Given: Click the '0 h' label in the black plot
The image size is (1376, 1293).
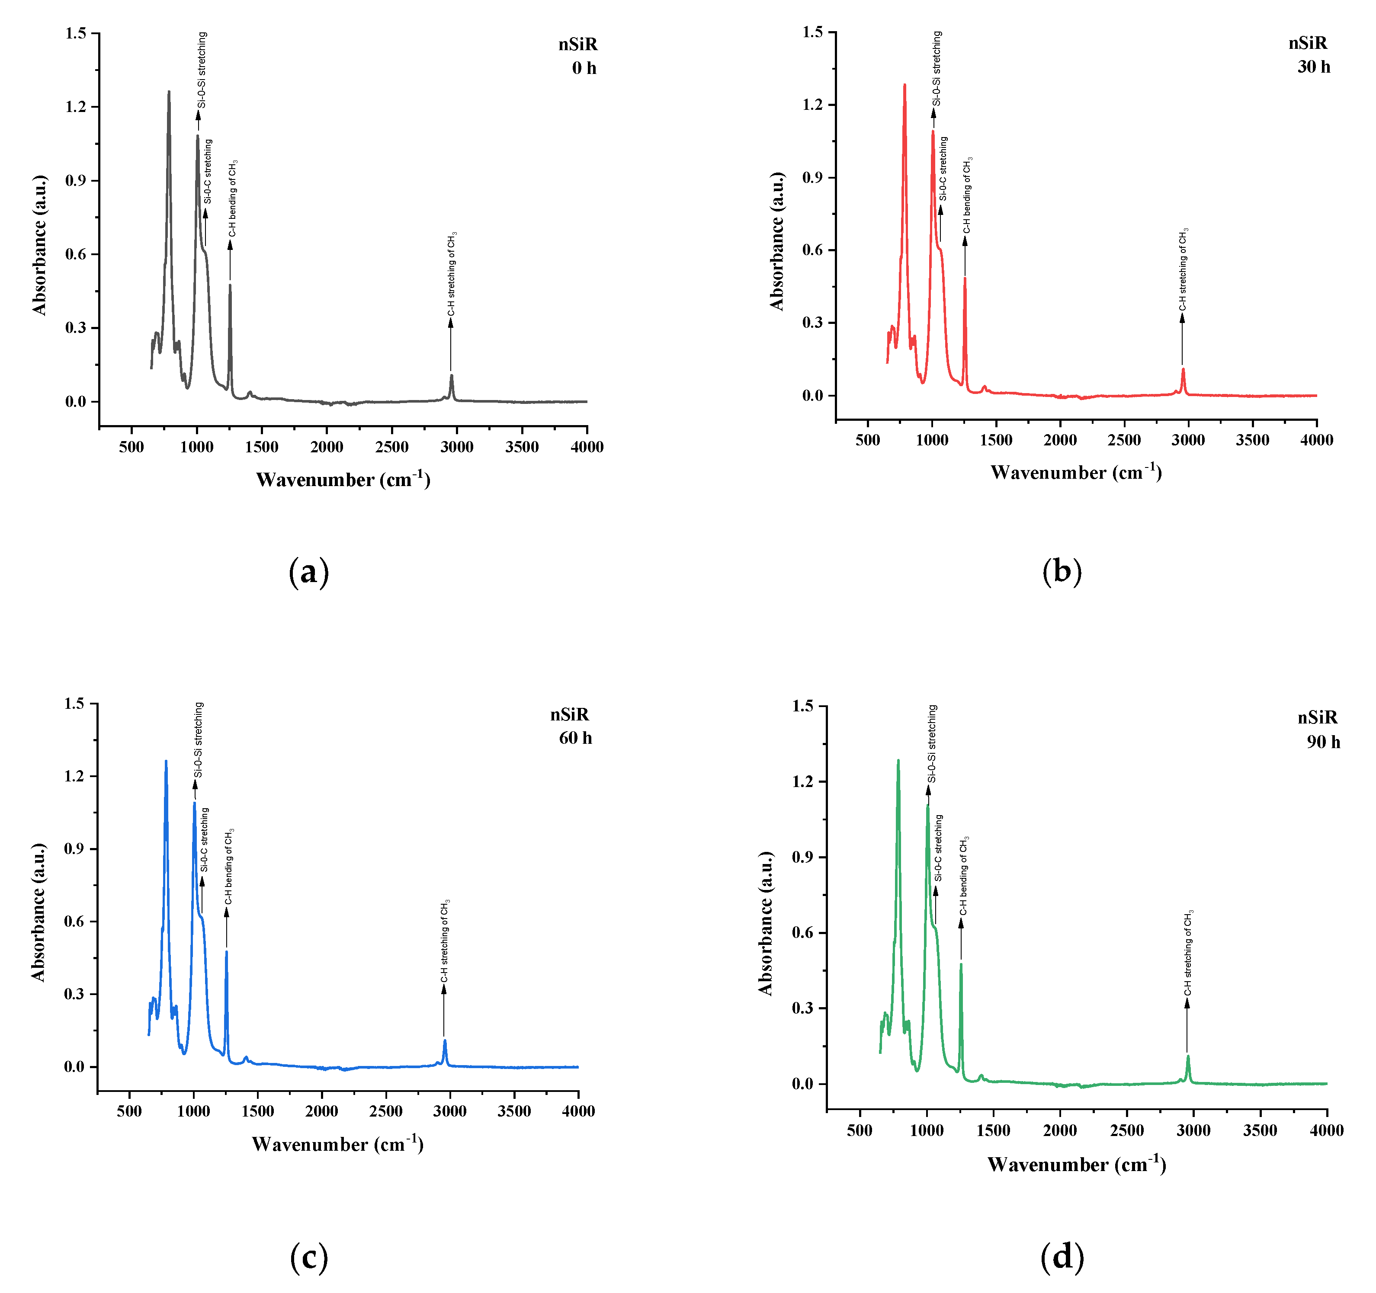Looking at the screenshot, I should point(584,68).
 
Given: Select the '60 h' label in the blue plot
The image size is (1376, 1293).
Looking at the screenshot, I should point(575,738).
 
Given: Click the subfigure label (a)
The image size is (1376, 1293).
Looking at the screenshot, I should point(309,573).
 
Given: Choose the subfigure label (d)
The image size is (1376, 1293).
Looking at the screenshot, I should point(1062,1257).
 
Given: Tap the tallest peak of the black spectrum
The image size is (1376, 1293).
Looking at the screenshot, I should point(168,93).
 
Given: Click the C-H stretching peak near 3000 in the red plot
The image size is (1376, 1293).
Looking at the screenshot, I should point(1183,371).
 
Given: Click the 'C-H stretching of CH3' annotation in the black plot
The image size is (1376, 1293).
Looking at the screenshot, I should point(452,274).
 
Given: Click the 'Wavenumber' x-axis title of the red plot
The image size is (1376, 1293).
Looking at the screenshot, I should point(1076,473).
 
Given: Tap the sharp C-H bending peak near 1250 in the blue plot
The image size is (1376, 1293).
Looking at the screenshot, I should point(226,954).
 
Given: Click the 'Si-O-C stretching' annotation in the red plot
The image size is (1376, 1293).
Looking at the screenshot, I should point(943,169).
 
